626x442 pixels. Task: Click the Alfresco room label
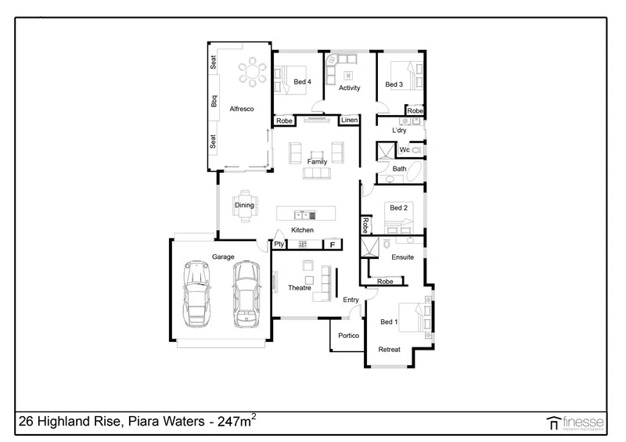pos(239,109)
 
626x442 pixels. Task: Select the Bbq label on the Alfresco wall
pos(214,102)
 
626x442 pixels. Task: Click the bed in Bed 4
pos(289,75)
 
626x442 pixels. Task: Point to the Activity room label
pos(349,88)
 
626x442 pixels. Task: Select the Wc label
pos(405,149)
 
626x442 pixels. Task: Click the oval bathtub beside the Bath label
pos(418,171)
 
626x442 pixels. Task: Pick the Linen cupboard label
pos(349,120)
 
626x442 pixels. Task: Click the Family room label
pos(317,162)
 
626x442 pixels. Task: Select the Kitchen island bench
pos(306,214)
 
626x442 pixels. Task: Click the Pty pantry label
pos(279,245)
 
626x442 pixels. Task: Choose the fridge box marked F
pos(332,245)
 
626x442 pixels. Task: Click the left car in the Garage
pos(196,293)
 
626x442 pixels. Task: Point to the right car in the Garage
pos(246,293)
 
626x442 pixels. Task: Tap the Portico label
pos(348,336)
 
